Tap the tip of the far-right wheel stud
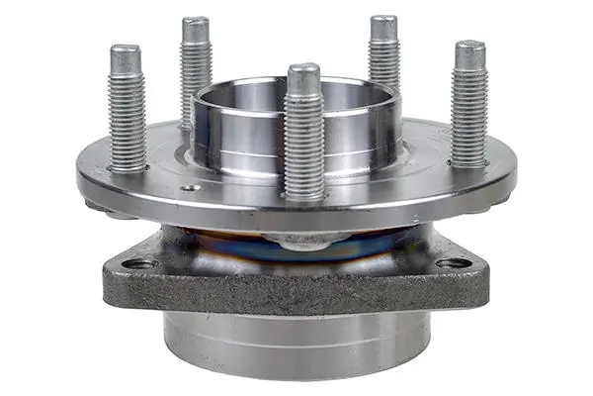tap(469, 49)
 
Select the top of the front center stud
tap(303, 72)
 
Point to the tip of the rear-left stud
tap(196, 25)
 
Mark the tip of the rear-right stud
tap(383, 24)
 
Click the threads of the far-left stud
tap(127, 114)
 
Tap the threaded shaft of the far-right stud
tap(469, 109)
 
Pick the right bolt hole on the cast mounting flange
tap(454, 263)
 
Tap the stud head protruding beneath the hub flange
tap(297, 241)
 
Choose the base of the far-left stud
tap(127, 166)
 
